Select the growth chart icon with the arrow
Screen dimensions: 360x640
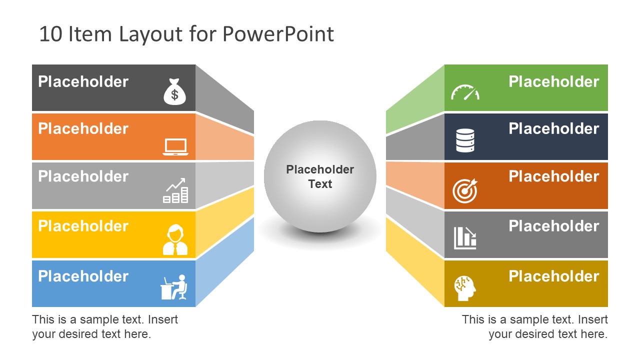click(x=175, y=190)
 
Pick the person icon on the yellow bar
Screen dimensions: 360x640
click(x=175, y=240)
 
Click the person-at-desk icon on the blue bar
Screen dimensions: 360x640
click(x=174, y=287)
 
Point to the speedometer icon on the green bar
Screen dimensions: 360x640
click(x=465, y=93)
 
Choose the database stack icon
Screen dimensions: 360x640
click(x=465, y=140)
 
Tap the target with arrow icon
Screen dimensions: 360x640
click(x=465, y=190)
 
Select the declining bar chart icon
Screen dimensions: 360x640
click(x=465, y=238)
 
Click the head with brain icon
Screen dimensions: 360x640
click(x=465, y=288)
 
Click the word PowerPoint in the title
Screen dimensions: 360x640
click(x=278, y=34)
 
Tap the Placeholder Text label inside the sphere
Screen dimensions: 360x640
click(x=320, y=176)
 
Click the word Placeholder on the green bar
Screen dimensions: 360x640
click(x=553, y=81)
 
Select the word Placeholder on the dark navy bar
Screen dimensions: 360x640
click(x=553, y=128)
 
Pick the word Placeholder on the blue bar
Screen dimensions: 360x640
click(x=83, y=276)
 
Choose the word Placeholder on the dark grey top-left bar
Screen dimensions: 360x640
click(x=83, y=81)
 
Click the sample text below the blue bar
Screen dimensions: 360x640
click(x=105, y=326)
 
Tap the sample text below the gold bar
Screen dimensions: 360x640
click(x=534, y=326)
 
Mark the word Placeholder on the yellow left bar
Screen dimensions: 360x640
click(x=83, y=226)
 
